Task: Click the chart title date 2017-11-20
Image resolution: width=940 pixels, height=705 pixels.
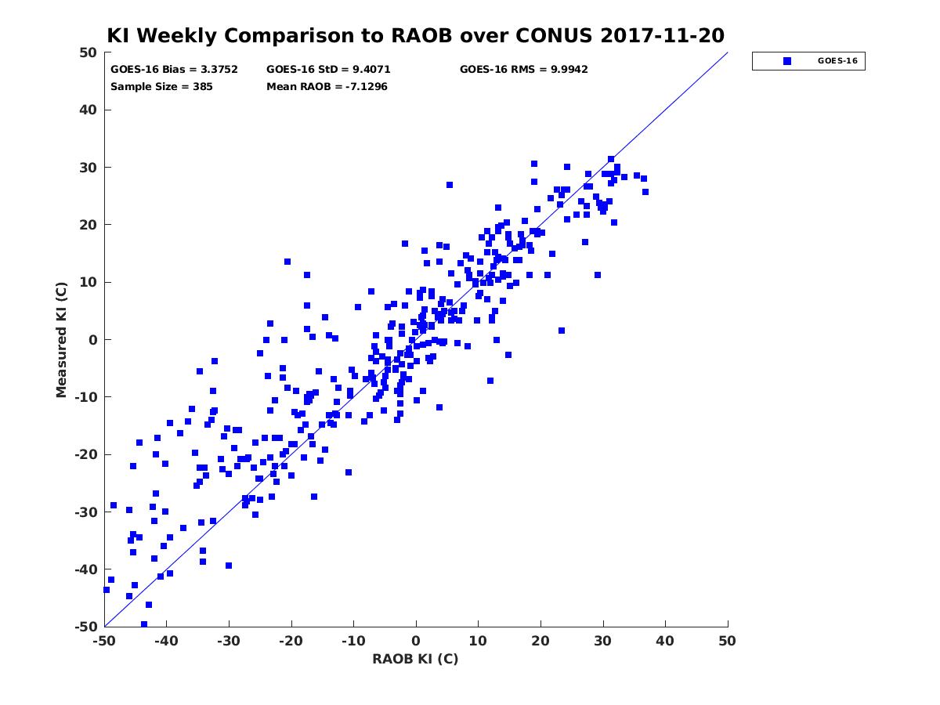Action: click(662, 35)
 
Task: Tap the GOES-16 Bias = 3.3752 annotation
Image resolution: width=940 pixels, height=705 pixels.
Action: click(174, 70)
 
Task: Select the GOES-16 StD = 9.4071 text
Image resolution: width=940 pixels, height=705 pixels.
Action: click(328, 70)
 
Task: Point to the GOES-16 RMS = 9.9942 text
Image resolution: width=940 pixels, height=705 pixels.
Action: click(523, 70)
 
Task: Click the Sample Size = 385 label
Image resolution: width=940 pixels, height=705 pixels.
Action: click(161, 86)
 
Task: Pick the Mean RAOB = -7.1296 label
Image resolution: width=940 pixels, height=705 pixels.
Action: click(327, 86)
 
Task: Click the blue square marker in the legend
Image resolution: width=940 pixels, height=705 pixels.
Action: click(787, 61)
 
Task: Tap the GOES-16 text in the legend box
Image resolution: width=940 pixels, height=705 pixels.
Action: click(837, 61)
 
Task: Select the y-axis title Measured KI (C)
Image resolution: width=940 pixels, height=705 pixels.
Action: click(61, 339)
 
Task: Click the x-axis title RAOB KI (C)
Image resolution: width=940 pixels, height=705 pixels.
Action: click(415, 658)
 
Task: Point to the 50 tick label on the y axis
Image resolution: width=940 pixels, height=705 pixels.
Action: click(89, 52)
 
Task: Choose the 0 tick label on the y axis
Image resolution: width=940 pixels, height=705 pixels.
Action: click(93, 339)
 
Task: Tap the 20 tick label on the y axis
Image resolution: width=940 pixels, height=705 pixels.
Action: click(89, 225)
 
